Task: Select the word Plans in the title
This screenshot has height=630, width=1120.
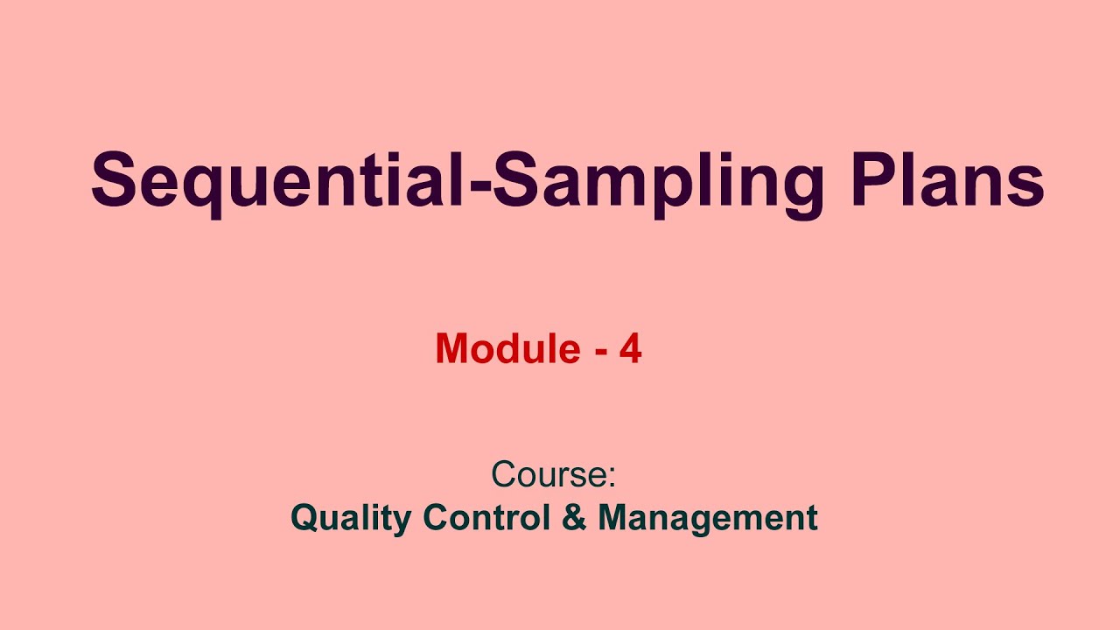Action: pos(949,181)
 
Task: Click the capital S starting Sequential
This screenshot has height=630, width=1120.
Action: pos(115,181)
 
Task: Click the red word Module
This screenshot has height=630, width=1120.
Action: pos(507,349)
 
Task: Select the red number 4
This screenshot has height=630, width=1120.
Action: pos(630,349)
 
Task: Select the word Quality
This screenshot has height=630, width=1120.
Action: pos(350,518)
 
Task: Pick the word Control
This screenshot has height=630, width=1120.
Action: pos(490,517)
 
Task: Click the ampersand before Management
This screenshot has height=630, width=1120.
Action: pos(575,517)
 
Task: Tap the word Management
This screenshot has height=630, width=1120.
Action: pos(707,518)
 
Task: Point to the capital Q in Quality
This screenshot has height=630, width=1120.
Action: pos(304,518)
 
